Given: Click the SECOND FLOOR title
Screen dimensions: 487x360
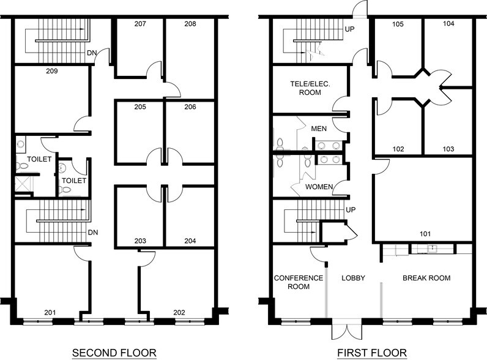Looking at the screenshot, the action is (114, 353).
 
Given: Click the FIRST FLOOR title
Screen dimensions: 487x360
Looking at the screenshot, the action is (372, 353).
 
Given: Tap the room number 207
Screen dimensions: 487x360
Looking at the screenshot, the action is (140, 24).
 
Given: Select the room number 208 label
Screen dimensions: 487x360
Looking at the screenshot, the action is (190, 24).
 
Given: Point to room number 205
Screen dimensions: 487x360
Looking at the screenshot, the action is (140, 107).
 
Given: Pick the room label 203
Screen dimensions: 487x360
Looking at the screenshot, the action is (140, 241).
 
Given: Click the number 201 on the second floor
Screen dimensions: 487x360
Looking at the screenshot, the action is (50, 312).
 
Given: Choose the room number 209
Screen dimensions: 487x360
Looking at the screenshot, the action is (52, 71).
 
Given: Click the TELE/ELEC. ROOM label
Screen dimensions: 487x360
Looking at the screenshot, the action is (310, 88).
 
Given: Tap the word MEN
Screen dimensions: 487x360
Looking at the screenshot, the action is (319, 129).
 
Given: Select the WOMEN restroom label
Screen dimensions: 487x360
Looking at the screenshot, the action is (319, 187).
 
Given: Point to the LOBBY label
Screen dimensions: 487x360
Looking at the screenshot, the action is (354, 278).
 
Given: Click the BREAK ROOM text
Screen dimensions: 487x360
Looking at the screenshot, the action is (426, 278).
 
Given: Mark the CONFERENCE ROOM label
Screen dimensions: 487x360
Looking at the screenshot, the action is (299, 282).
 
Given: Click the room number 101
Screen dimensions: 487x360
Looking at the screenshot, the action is (425, 234).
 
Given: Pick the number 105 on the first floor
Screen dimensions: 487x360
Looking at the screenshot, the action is (398, 24).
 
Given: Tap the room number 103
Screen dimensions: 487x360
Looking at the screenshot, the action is (448, 149).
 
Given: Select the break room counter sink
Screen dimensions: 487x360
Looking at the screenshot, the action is (432, 248).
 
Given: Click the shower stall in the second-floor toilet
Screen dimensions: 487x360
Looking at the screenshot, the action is (21, 184).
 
